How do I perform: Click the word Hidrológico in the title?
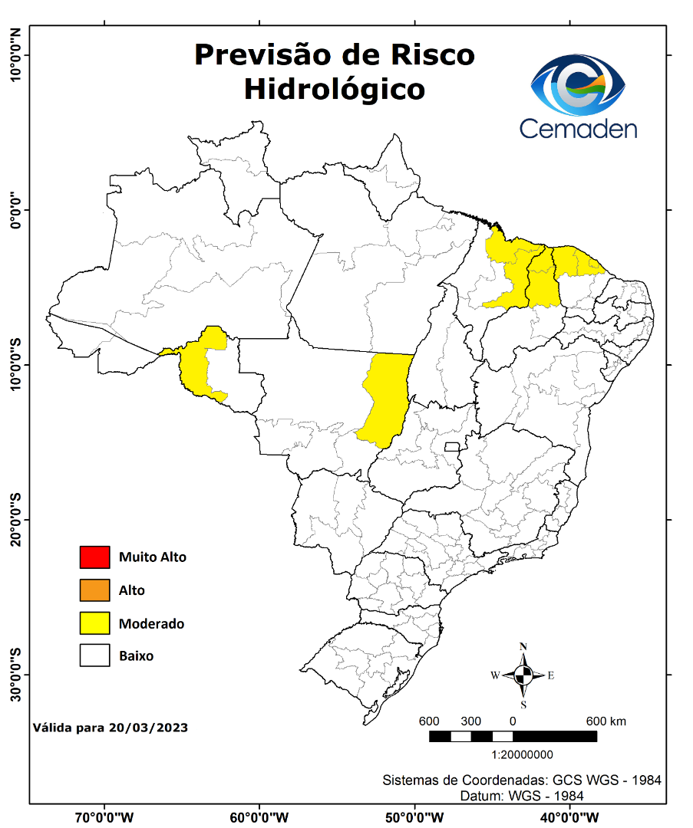pos(334,89)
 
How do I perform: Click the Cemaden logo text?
pos(578,127)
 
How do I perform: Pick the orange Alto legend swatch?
pos(94,590)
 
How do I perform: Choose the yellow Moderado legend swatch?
pos(94,623)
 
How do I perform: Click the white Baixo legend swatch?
pos(94,656)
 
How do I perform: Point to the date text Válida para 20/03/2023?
pos(111,727)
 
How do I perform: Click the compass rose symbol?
pos(523,675)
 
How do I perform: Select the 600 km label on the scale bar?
pos(606,721)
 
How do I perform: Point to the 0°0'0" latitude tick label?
pos(15,210)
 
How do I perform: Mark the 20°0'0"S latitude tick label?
pos(15,519)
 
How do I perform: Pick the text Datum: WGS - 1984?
pos(522,796)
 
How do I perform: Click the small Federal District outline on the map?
pos(452,446)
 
